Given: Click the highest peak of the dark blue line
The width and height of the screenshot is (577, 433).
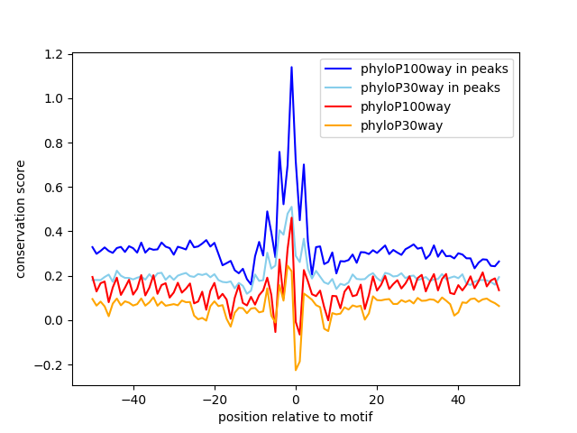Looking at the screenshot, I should click(x=291, y=67).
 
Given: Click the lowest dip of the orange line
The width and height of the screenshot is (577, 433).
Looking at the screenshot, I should click(x=295, y=370).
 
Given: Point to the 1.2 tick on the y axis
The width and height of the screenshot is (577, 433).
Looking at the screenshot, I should click(x=54, y=55).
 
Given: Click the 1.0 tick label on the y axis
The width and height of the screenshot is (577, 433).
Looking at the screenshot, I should click(x=54, y=99).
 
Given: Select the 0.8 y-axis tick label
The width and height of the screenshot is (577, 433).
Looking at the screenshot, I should click(x=54, y=143).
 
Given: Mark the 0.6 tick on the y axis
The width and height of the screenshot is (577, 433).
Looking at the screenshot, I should click(x=54, y=188).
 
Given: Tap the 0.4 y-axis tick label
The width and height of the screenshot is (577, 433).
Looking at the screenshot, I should click(x=54, y=232).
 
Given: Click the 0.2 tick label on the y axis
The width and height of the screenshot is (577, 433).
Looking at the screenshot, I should click(x=54, y=276).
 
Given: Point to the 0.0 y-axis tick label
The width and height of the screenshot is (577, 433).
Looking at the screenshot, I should click(x=54, y=320).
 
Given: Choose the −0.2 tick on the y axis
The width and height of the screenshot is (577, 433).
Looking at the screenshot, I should click(x=50, y=365).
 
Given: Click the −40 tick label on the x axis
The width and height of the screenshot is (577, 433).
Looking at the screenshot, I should click(x=133, y=399).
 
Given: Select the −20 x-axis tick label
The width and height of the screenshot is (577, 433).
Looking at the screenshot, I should click(x=214, y=399).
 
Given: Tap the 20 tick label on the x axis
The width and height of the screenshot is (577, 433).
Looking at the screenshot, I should click(x=377, y=399).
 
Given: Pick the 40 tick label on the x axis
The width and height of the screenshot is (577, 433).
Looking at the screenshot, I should click(x=458, y=399).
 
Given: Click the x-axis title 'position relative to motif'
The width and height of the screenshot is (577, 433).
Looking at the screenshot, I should click(x=295, y=417).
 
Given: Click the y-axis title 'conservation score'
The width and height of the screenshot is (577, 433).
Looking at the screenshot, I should click(x=21, y=220).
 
